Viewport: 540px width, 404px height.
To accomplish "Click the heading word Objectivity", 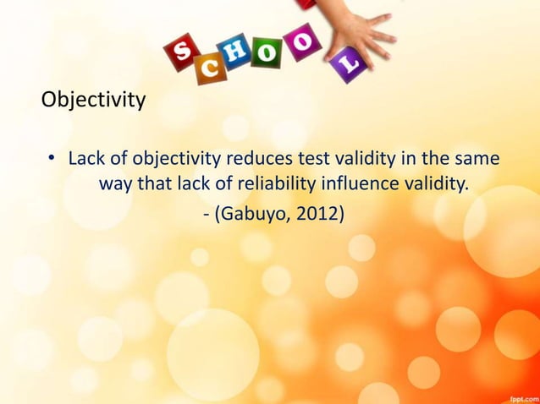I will click(93, 102).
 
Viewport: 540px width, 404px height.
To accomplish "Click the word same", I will click(476, 158).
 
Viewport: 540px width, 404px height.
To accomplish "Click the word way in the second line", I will click(118, 183).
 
